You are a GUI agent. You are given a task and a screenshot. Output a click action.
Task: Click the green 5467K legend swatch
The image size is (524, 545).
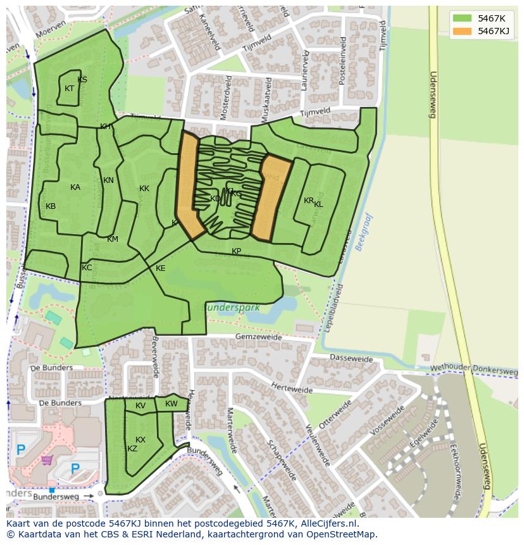pyautogui.click(x=462, y=18)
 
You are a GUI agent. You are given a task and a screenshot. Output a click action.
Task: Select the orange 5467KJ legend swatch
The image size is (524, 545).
pyautogui.click(x=462, y=31)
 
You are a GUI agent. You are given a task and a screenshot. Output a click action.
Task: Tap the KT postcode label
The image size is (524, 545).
pyautogui.click(x=70, y=89)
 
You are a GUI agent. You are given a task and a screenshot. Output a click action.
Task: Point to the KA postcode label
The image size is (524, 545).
pyautogui.click(x=75, y=187)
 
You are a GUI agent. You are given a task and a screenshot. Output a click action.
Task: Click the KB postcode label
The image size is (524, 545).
pyautogui.click(x=51, y=206)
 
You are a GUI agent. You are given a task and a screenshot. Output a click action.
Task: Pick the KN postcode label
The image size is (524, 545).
pyautogui.click(x=108, y=180)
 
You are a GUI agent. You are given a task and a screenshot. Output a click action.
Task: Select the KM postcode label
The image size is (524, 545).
pyautogui.click(x=113, y=239)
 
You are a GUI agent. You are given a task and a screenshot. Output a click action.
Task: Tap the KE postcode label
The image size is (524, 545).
pyautogui.click(x=161, y=268)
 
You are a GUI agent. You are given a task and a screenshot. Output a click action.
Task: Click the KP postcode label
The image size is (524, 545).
pyautogui.click(x=236, y=251)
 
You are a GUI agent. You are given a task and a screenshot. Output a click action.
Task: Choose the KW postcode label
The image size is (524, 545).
pyautogui.click(x=172, y=404)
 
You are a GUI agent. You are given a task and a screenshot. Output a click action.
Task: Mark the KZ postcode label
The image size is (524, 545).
pyautogui.click(x=132, y=449)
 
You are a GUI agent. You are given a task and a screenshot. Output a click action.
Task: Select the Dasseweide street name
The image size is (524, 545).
pyautogui.click(x=351, y=358)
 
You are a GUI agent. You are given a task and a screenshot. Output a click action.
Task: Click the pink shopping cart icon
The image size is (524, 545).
pyautogui.click(x=46, y=460)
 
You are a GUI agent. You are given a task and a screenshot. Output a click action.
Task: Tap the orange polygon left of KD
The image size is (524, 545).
pyautogui.click(x=188, y=187)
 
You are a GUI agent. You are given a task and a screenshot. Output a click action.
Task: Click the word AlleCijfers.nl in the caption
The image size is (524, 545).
pyautogui.click(x=330, y=524)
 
